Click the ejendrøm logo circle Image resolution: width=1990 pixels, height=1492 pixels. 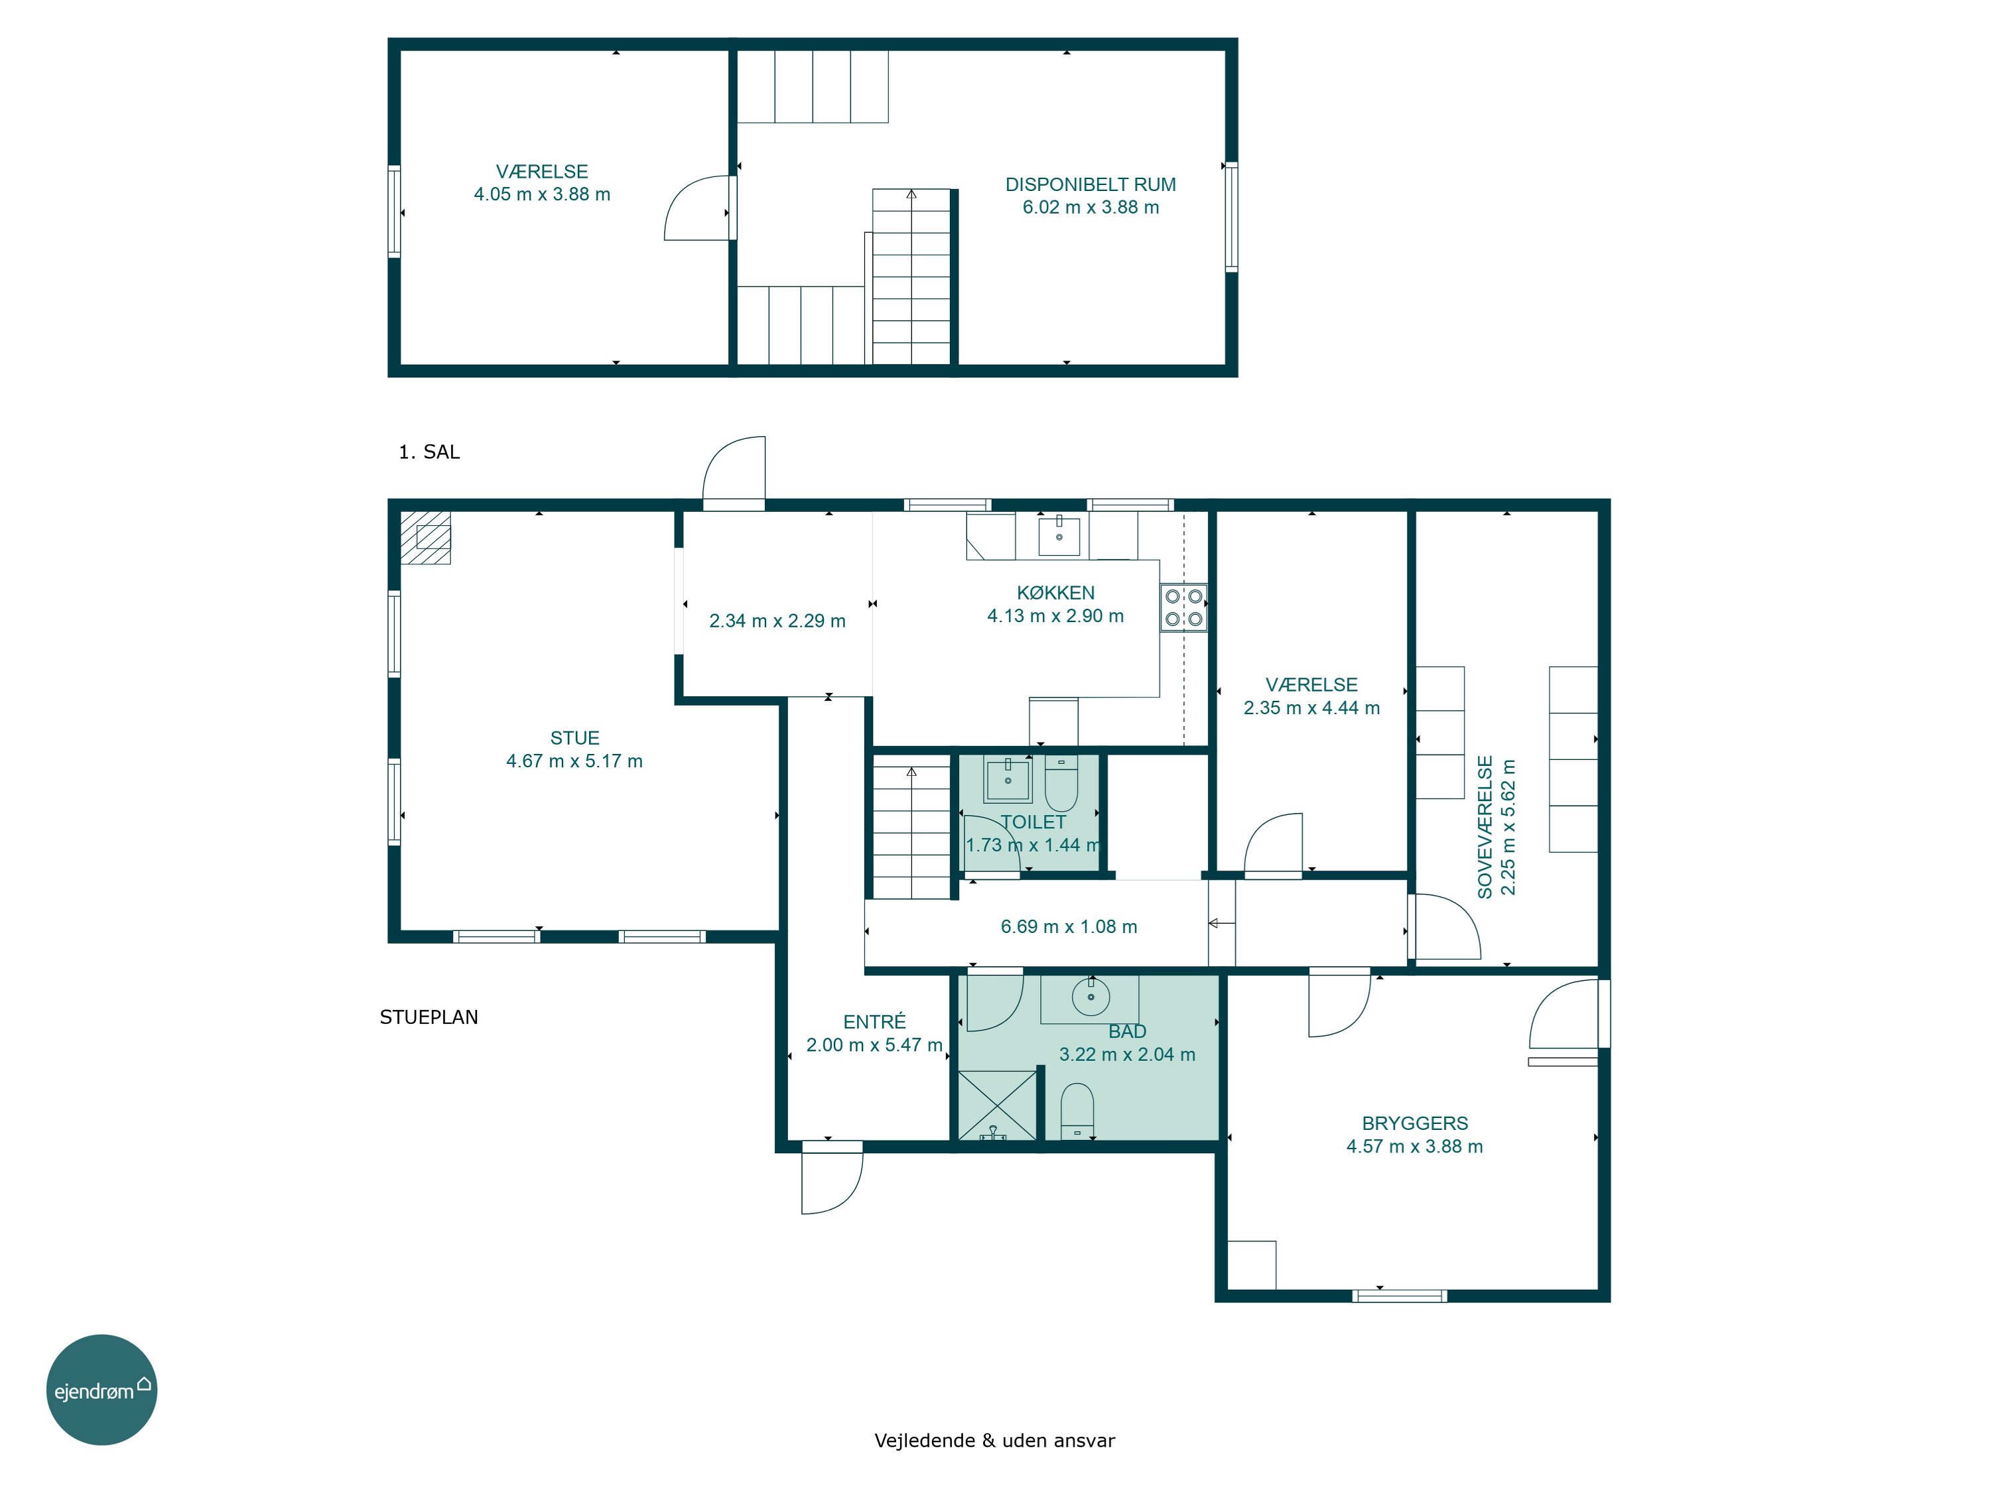[101, 1389]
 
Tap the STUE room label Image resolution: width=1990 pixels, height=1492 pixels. [575, 738]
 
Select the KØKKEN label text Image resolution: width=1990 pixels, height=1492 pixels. [1055, 593]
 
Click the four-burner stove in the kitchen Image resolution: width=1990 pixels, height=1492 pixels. [1183, 608]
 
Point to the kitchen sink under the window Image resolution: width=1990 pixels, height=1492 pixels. [1059, 535]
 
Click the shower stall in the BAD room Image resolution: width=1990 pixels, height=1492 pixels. [997, 1105]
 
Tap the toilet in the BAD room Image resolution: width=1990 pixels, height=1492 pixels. [1077, 1111]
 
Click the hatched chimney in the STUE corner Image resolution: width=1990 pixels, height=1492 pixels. [426, 538]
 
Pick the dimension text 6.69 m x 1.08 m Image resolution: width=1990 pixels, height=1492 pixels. [1069, 926]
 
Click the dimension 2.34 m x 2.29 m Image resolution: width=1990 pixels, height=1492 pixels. [777, 621]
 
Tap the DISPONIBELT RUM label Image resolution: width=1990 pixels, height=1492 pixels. [1091, 184]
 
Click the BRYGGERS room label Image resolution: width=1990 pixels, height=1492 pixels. [1414, 1123]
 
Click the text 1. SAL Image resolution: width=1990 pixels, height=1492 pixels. [429, 452]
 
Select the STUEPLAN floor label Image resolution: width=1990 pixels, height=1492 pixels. [429, 1017]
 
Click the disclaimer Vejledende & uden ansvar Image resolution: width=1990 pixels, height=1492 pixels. [994, 1440]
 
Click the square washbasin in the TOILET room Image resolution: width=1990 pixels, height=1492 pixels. [1008, 780]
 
